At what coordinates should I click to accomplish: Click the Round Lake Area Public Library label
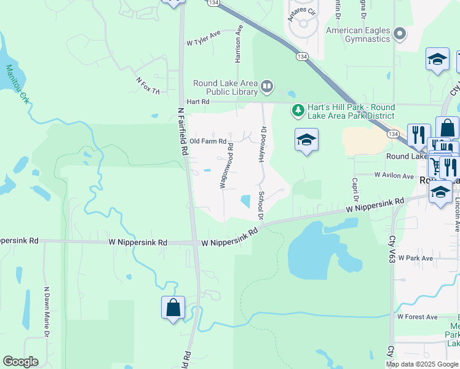(x=225, y=88)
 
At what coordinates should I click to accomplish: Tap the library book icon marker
(x=267, y=87)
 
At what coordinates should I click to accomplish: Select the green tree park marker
(x=298, y=110)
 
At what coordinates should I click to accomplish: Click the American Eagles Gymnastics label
(x=358, y=34)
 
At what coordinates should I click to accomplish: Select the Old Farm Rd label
(x=208, y=141)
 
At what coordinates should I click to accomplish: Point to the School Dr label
(x=261, y=205)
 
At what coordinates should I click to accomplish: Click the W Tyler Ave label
(x=203, y=39)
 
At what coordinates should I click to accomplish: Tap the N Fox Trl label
(x=148, y=85)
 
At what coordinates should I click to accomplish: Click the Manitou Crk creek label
(x=17, y=84)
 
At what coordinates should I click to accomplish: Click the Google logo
(x=20, y=362)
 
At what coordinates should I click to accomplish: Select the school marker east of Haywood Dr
(x=306, y=140)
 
